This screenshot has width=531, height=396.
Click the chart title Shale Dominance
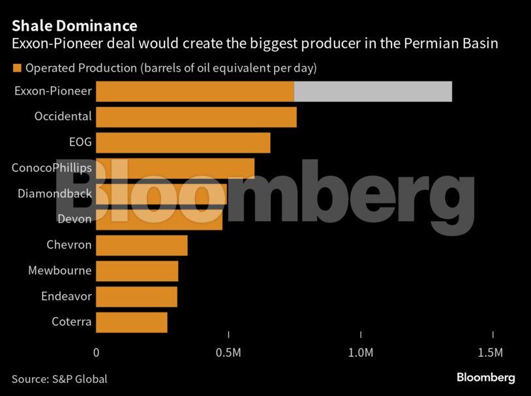[x=74, y=26]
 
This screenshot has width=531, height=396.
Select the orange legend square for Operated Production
[x=16, y=68]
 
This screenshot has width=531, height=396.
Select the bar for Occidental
[x=196, y=117]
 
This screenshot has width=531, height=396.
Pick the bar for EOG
[x=183, y=143]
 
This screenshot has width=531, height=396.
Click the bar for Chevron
[x=142, y=245]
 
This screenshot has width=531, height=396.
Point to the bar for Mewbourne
[x=137, y=271]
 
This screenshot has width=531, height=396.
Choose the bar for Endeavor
[x=137, y=296]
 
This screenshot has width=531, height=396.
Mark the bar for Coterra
[x=132, y=322]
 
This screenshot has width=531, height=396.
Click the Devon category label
[x=74, y=220]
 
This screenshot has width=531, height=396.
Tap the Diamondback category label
[x=55, y=194]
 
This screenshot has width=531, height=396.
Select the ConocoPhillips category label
[x=52, y=168]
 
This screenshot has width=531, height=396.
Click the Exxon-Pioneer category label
[x=53, y=91]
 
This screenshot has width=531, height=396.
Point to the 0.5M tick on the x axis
[x=228, y=353]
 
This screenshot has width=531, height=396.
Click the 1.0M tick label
[x=361, y=353]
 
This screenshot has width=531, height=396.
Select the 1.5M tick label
[x=490, y=353]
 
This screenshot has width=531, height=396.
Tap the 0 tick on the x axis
[x=97, y=353]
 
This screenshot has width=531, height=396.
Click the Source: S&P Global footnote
[x=59, y=379]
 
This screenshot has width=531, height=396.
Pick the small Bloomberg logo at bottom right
[x=485, y=378]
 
